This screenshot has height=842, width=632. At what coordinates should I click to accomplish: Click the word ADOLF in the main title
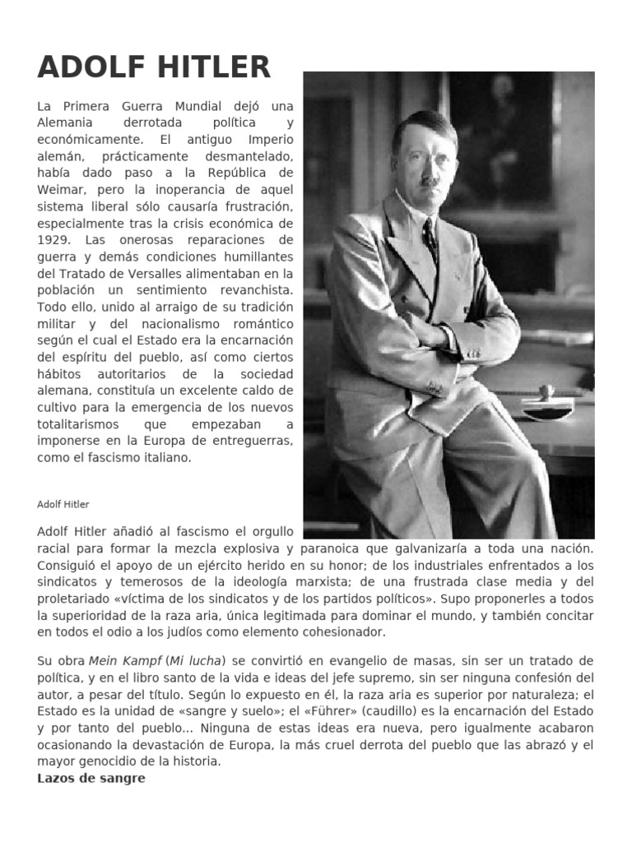pos(88,67)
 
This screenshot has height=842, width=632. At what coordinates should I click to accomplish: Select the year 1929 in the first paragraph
pos(53,239)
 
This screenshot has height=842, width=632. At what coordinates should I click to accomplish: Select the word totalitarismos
pos(78,424)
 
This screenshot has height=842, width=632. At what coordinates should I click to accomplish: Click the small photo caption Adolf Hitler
pos(63,504)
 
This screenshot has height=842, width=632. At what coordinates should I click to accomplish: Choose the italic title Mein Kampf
pos(118,661)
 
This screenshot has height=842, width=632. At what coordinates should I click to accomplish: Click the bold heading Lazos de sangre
pos(91,778)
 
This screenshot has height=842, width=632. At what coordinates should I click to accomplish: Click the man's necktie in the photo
pos(430,238)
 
